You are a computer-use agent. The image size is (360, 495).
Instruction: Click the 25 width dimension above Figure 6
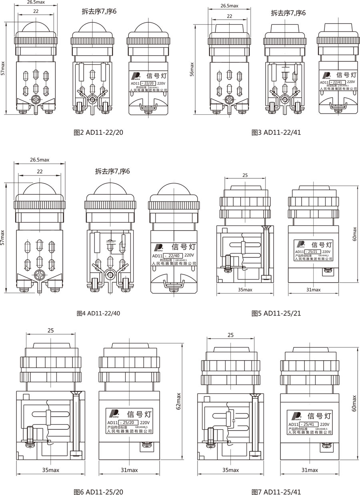tap(50, 330)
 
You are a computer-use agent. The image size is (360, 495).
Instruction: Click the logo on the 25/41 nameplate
tap(297, 415)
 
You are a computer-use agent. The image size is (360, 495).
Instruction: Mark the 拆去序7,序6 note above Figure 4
tap(113, 172)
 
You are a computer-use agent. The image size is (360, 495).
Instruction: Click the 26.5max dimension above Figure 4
tap(39, 160)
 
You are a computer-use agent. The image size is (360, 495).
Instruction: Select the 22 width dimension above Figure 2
tap(36, 12)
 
